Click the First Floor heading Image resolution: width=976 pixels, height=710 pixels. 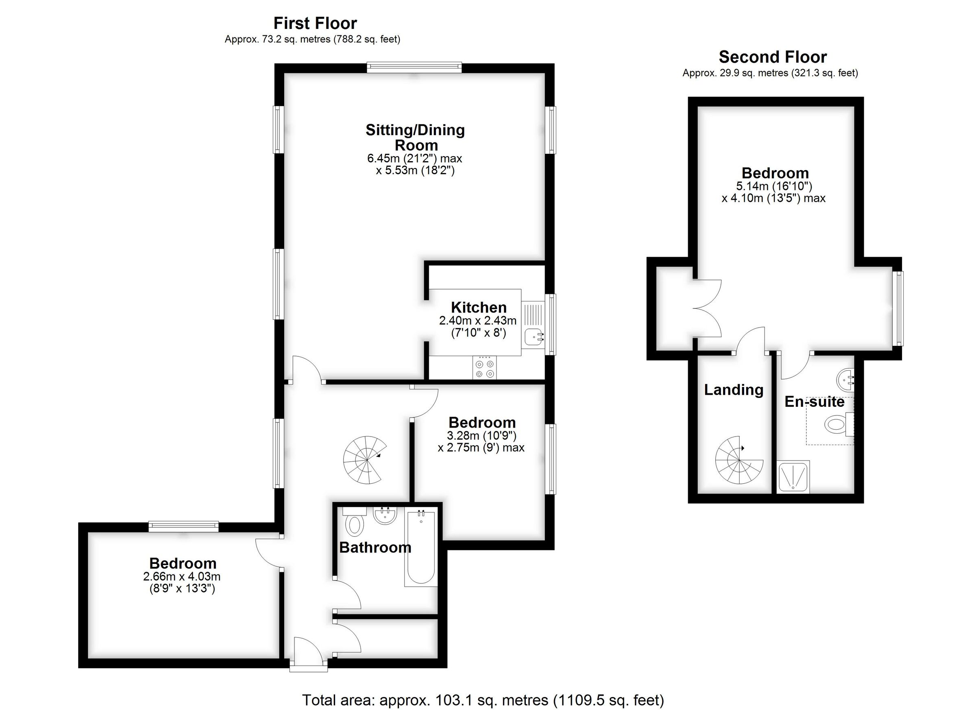pyautogui.click(x=315, y=23)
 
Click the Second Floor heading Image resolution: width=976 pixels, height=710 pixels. pyautogui.click(x=772, y=57)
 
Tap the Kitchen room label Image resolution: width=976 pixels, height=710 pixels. pyautogui.click(x=479, y=308)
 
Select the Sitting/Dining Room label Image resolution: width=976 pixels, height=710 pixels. pyautogui.click(x=415, y=137)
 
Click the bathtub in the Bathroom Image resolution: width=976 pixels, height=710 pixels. pyautogui.click(x=420, y=547)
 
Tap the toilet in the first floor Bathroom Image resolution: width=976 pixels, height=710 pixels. pyautogui.click(x=355, y=522)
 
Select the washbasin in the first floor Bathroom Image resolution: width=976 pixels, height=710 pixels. pyautogui.click(x=384, y=516)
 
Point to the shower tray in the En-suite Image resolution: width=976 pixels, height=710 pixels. pyautogui.click(x=793, y=477)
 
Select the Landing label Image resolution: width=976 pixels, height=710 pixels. pyautogui.click(x=733, y=390)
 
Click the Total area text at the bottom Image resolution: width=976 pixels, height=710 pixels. pyautogui.click(x=483, y=700)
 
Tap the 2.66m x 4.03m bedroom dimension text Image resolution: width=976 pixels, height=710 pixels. pyautogui.click(x=183, y=582)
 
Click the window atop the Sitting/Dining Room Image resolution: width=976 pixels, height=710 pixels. pyautogui.click(x=414, y=67)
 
